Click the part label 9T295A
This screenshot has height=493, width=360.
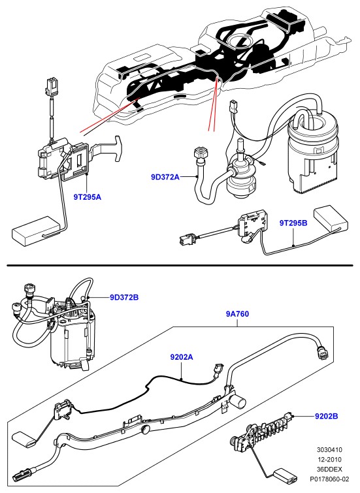88,197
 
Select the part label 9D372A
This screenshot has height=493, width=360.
165,177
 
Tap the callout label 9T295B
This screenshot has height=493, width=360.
293,223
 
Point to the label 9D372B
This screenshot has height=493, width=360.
124,297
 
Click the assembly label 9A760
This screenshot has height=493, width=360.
237,314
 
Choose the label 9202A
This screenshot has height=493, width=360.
182,357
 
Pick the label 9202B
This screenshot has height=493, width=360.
327,417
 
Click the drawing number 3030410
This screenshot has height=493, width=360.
329,450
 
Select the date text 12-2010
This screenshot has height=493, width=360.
329,460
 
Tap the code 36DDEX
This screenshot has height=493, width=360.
329,469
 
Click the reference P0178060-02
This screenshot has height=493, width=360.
329,479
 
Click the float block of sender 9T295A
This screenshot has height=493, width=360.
35,231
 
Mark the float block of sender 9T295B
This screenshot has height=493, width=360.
331,219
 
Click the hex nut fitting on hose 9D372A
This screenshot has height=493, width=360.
200,154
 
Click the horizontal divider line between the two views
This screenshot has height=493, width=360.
180,266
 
